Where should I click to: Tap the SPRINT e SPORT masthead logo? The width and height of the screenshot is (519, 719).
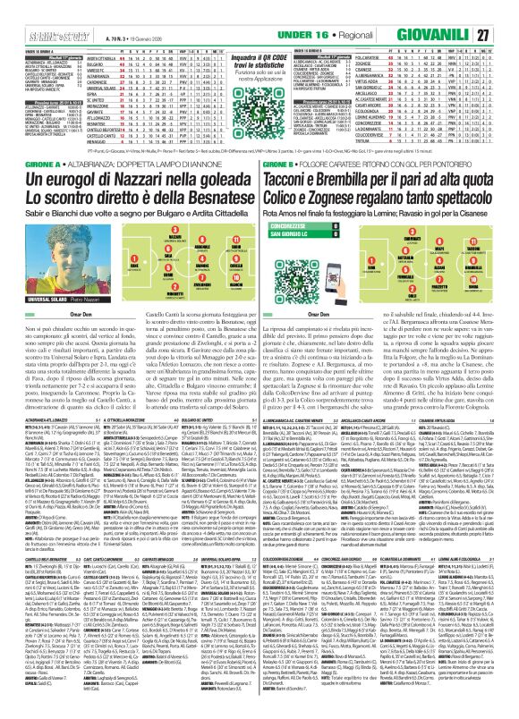[27, 9]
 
